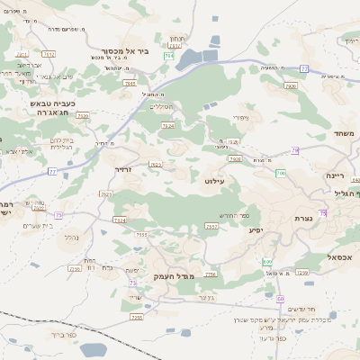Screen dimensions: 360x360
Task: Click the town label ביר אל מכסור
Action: (119, 51)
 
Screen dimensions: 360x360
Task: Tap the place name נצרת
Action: (303, 219)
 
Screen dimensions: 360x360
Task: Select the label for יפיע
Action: (256, 230)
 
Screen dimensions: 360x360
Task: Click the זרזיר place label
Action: (123, 168)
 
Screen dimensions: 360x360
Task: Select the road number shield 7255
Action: (137, 317)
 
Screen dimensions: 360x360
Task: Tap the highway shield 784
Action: (168, 56)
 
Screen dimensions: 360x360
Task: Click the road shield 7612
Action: (49, 55)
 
